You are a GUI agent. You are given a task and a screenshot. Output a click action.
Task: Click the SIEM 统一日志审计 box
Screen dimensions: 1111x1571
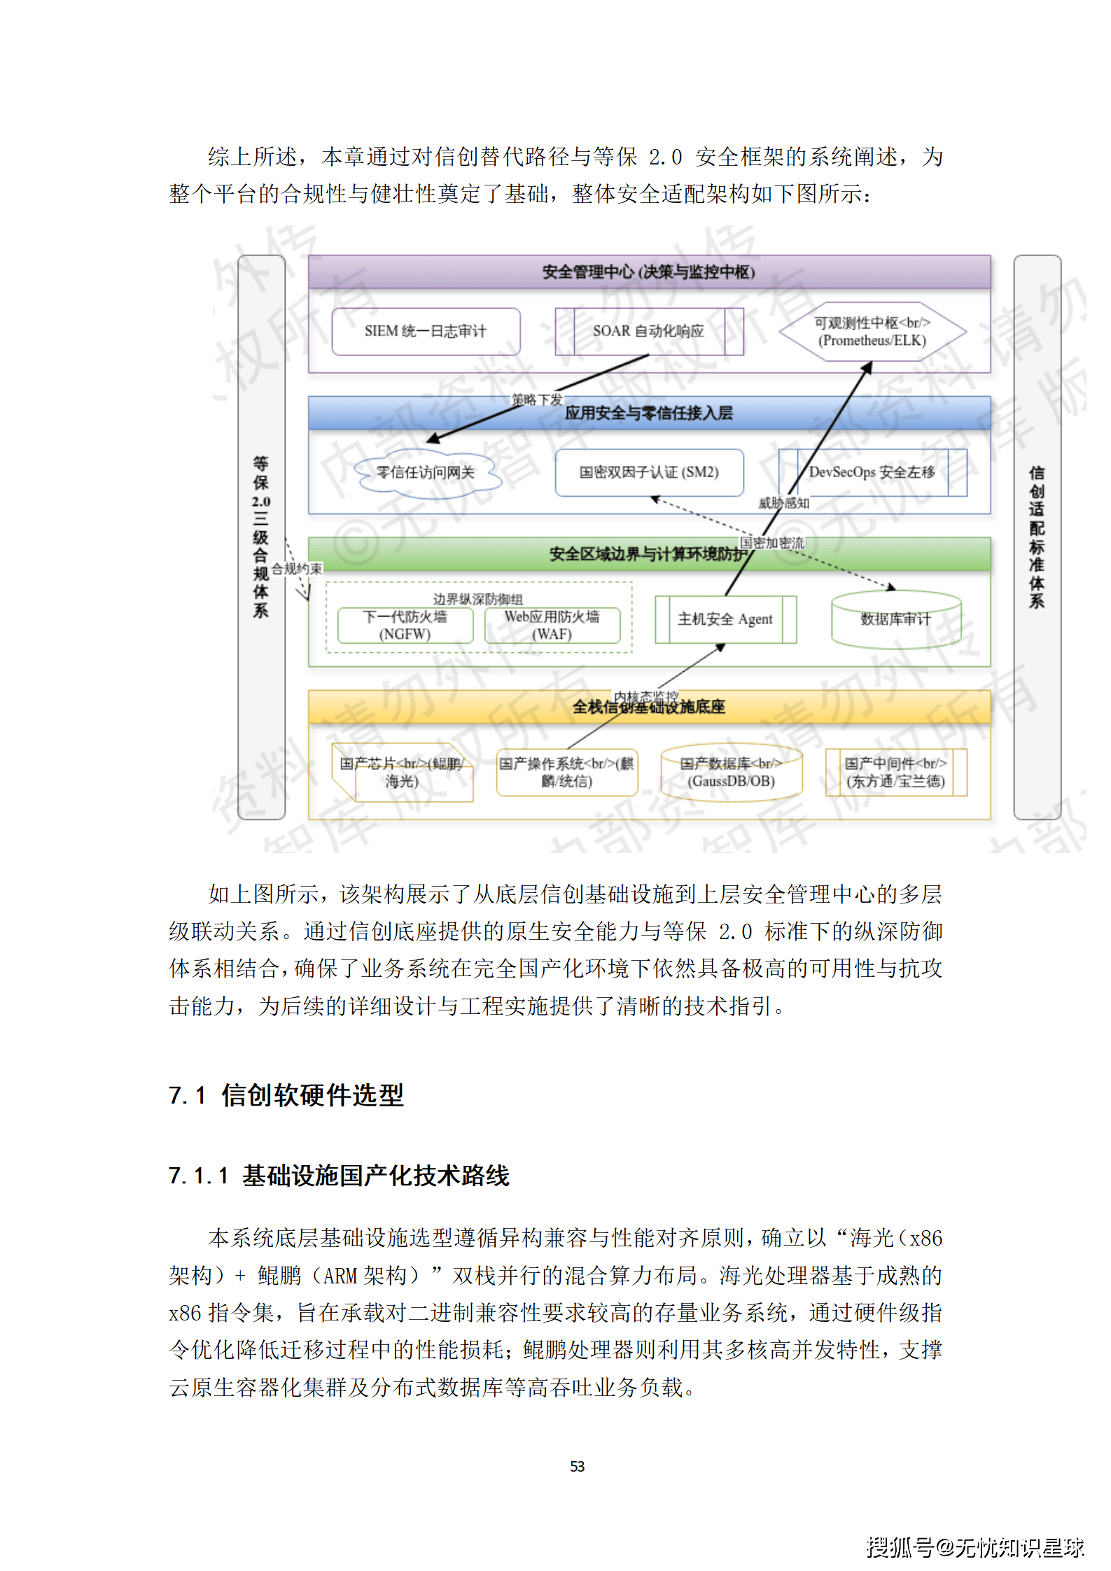pyautogui.click(x=426, y=331)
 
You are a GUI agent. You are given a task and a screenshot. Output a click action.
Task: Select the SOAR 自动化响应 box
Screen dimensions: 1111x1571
pyautogui.click(x=649, y=331)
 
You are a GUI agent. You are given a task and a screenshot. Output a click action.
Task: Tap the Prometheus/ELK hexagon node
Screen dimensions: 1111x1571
pyautogui.click(x=872, y=332)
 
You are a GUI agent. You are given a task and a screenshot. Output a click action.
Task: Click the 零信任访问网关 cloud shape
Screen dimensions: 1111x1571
pyautogui.click(x=426, y=473)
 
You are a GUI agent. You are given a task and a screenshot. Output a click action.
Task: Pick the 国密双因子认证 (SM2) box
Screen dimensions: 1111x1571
pyautogui.click(x=649, y=472)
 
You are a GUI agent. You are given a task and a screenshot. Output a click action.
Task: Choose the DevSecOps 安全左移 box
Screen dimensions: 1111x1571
pyautogui.click(x=872, y=472)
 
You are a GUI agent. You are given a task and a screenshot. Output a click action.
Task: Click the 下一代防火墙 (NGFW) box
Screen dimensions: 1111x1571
pyautogui.click(x=405, y=626)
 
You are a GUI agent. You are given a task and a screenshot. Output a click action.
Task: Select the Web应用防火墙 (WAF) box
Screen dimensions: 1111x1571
pyautogui.click(x=552, y=626)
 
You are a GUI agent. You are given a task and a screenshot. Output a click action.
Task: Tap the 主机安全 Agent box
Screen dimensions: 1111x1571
pyautogui.click(x=725, y=619)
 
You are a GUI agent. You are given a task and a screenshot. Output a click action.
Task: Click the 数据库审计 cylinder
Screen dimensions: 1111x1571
pyautogui.click(x=895, y=619)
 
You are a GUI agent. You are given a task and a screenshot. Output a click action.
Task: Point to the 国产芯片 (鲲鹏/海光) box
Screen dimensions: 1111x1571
pyautogui.click(x=402, y=773)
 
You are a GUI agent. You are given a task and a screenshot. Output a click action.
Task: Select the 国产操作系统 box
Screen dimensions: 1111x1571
pyautogui.click(x=566, y=773)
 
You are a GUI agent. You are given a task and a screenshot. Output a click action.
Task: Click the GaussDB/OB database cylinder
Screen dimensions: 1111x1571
pyautogui.click(x=731, y=773)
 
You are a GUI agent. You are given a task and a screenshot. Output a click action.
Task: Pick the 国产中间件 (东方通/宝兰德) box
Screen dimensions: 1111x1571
pyautogui.click(x=895, y=773)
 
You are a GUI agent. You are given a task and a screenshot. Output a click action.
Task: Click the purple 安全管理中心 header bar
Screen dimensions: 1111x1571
pyautogui.click(x=649, y=272)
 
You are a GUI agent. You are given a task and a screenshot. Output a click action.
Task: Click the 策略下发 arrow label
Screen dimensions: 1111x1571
pyautogui.click(x=537, y=400)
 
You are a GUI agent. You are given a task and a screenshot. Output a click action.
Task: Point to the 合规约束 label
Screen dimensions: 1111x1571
pyautogui.click(x=297, y=569)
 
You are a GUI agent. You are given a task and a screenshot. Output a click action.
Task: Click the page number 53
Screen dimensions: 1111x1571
pyautogui.click(x=577, y=1466)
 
